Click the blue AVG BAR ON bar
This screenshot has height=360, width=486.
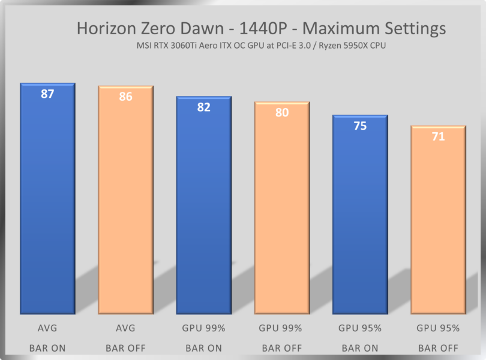tap(47, 198)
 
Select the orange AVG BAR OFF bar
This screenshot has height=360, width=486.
tap(125, 201)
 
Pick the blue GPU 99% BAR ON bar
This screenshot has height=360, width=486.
tap(203, 204)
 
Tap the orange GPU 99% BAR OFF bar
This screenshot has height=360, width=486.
tap(282, 207)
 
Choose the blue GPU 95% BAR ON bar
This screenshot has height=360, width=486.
tap(360, 213)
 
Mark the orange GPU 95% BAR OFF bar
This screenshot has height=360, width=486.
tap(438, 219)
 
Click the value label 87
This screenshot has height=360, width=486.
tap(47, 94)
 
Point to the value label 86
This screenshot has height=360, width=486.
tap(125, 96)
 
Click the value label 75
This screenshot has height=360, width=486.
tap(360, 125)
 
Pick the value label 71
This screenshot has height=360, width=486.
tap(438, 136)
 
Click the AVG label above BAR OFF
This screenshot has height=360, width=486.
tap(125, 328)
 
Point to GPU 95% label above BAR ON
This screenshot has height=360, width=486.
tap(360, 328)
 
